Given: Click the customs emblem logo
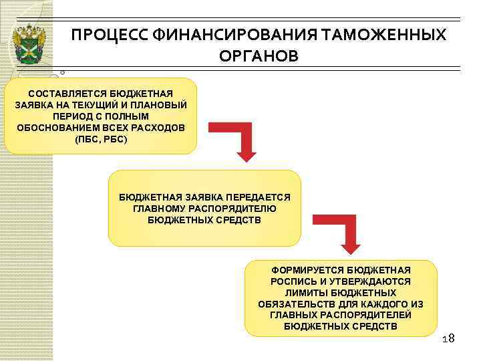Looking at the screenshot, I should coord(29,44).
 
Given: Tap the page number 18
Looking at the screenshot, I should coord(448,339).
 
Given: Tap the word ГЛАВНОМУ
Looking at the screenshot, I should coord(160,209).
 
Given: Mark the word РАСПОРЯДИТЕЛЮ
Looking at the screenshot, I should coord(234,209).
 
